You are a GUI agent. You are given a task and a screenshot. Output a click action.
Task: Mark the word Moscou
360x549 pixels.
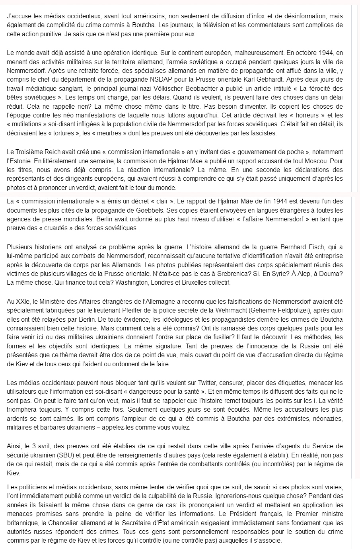[x=302, y=161]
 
